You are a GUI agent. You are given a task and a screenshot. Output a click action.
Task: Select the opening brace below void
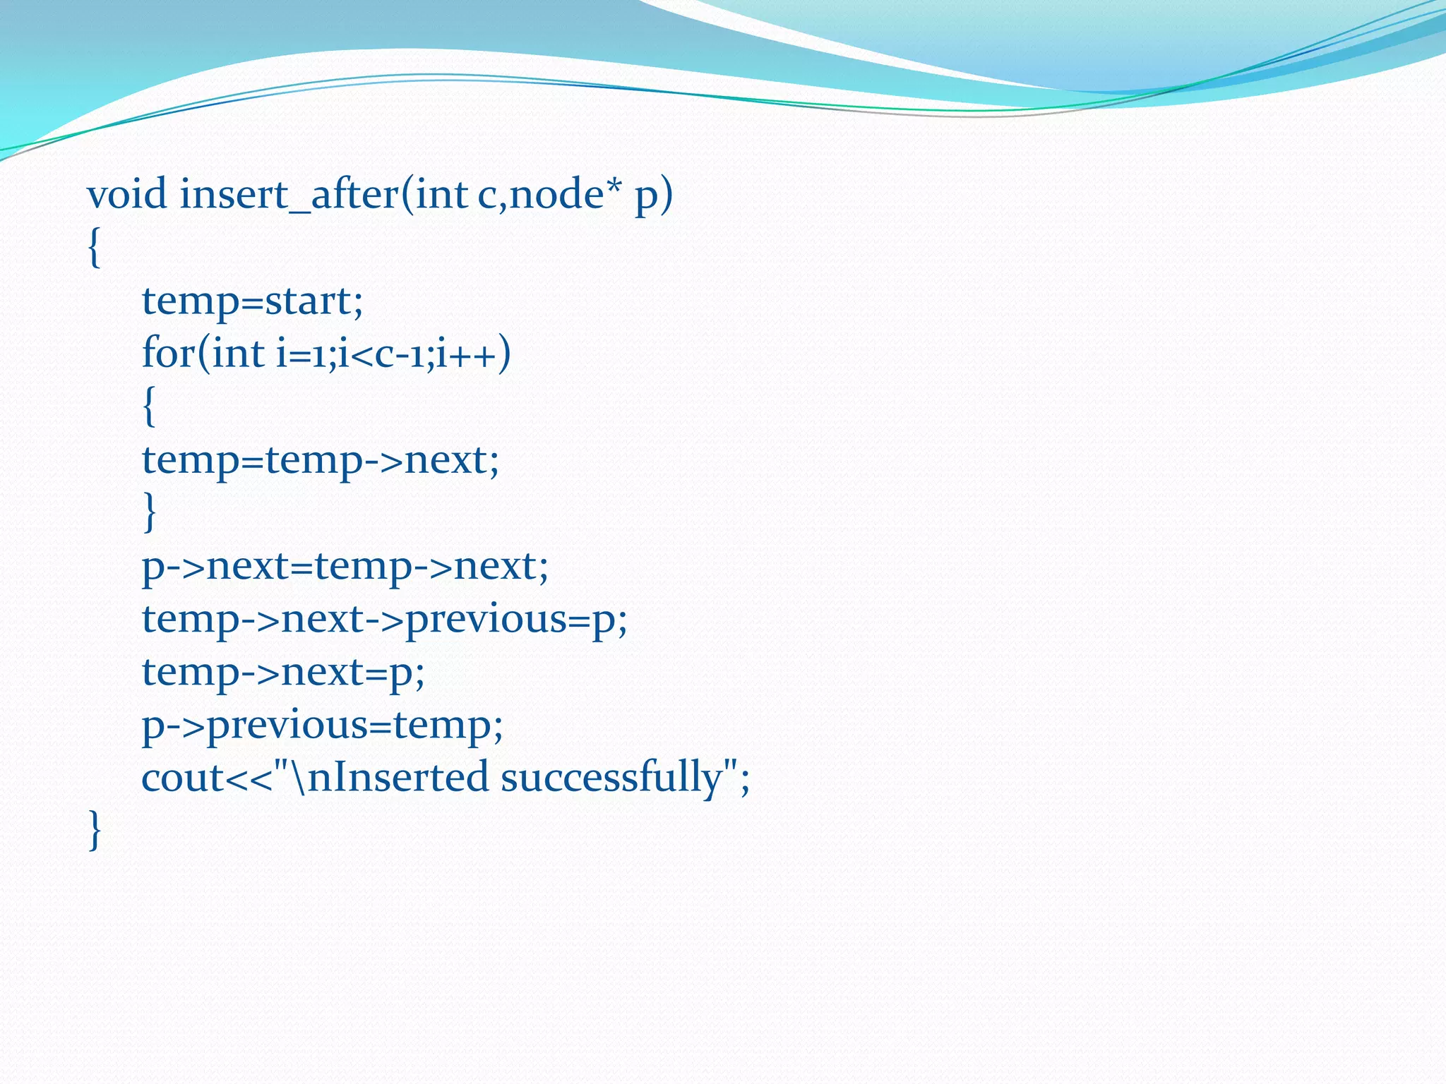click(x=95, y=248)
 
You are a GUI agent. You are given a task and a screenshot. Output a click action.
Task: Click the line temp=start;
click(x=252, y=301)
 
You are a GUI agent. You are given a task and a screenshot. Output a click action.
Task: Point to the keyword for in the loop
click(x=168, y=353)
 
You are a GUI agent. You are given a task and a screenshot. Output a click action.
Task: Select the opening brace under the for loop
click(x=149, y=406)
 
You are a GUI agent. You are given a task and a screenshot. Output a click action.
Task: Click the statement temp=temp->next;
click(x=321, y=460)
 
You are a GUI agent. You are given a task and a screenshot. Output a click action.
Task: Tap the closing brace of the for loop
click(x=149, y=512)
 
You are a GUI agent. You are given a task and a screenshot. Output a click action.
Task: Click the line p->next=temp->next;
click(x=345, y=566)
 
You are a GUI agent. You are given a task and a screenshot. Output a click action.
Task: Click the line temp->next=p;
click(x=283, y=672)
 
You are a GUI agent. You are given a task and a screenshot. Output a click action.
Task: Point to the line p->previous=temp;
click(x=322, y=725)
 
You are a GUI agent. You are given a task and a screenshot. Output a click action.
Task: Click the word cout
click(x=182, y=778)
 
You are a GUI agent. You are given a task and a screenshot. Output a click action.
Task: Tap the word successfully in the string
click(x=611, y=778)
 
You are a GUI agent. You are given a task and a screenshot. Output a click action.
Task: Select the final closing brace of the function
click(x=95, y=830)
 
